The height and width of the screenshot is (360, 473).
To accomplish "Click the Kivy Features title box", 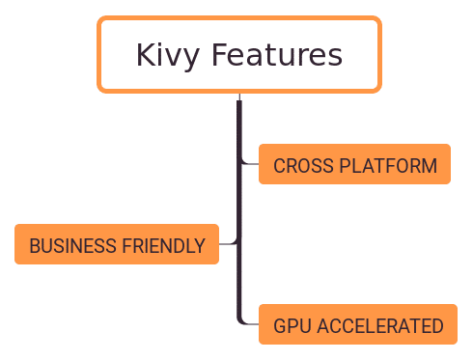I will (x=238, y=55).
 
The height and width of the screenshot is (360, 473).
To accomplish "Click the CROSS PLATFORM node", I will (x=354, y=165).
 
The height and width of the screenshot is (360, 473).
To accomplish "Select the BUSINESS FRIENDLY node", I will (x=117, y=245).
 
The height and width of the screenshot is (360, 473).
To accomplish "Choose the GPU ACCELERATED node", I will (x=357, y=325).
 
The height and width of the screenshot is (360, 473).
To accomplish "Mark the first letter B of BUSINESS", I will (x=34, y=246).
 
